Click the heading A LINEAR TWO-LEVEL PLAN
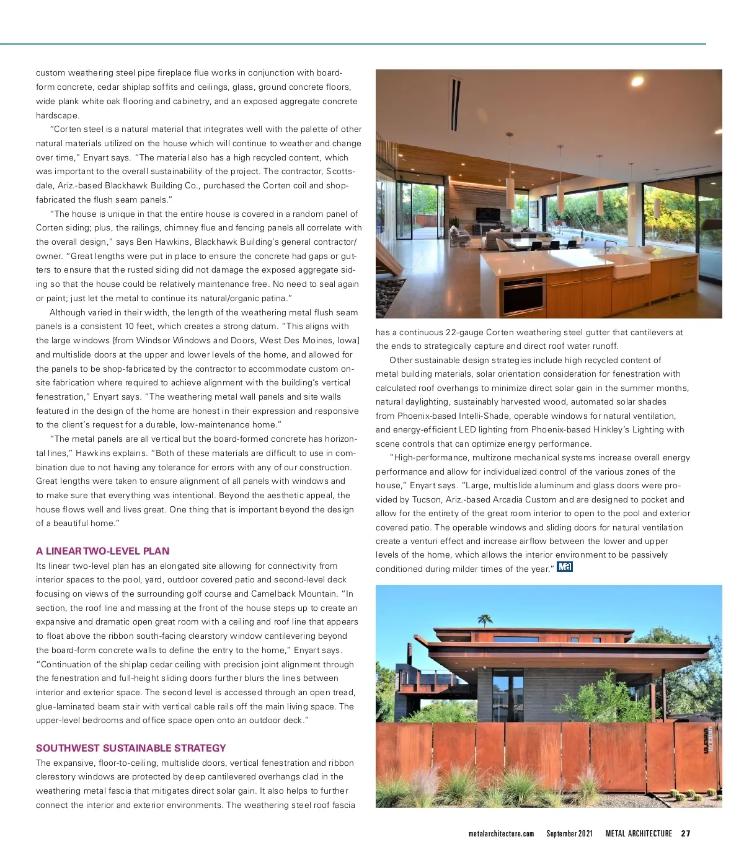point(102,551)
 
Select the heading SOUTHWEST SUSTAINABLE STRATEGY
point(131,748)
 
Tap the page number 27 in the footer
point(685,833)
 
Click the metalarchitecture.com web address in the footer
point(501,833)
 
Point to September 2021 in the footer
point(569,833)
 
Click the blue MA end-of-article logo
point(564,566)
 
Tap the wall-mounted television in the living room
point(487,215)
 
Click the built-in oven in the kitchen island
point(524,296)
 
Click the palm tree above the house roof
point(485,619)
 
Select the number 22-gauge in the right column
point(464,332)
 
